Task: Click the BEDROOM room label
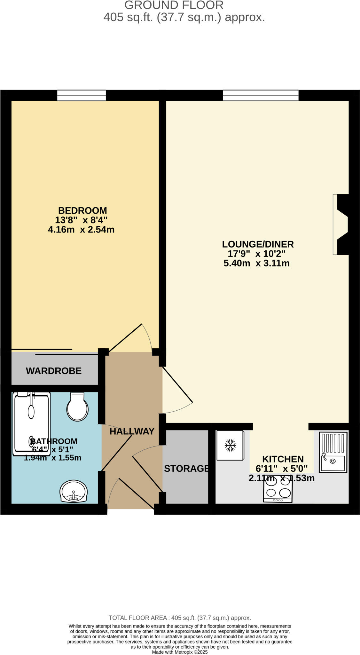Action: click(82, 210)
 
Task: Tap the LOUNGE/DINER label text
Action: click(258, 244)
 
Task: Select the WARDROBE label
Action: click(54, 371)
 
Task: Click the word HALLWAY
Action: click(132, 431)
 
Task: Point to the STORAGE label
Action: click(186, 468)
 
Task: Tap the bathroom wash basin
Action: click(74, 491)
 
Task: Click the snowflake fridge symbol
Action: click(230, 445)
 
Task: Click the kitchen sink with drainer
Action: click(333, 452)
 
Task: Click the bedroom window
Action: click(82, 95)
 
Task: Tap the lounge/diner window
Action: click(261, 95)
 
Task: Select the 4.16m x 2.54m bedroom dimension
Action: click(81, 230)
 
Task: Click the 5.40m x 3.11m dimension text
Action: click(256, 263)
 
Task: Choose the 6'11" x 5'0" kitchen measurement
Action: click(281, 469)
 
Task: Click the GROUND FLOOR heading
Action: click(174, 5)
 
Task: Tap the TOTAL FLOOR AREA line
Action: click(180, 618)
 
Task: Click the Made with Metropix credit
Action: click(180, 652)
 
